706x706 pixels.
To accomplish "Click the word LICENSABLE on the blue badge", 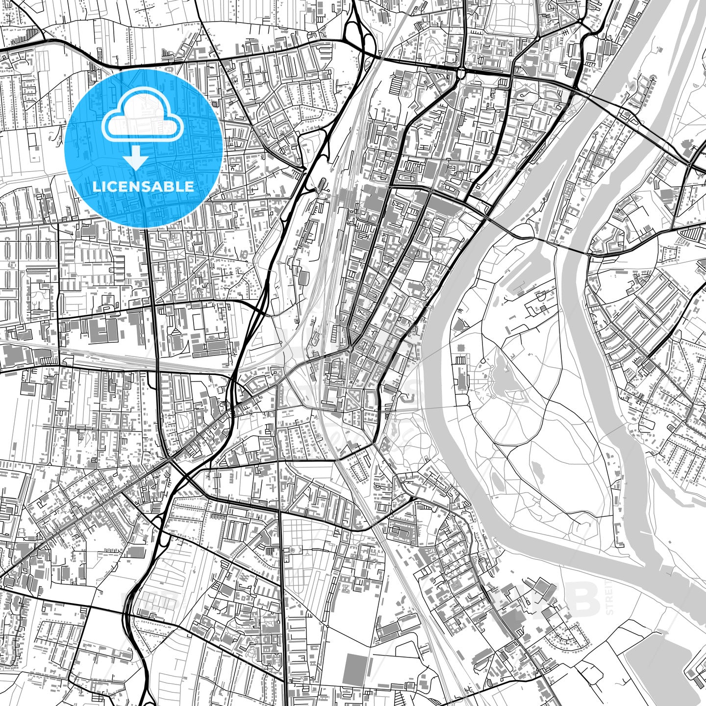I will (x=143, y=186).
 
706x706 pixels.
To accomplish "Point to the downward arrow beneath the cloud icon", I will (x=136, y=159).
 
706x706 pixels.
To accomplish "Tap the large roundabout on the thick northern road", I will (x=461, y=73).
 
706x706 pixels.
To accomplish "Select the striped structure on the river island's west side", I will (x=461, y=360).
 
